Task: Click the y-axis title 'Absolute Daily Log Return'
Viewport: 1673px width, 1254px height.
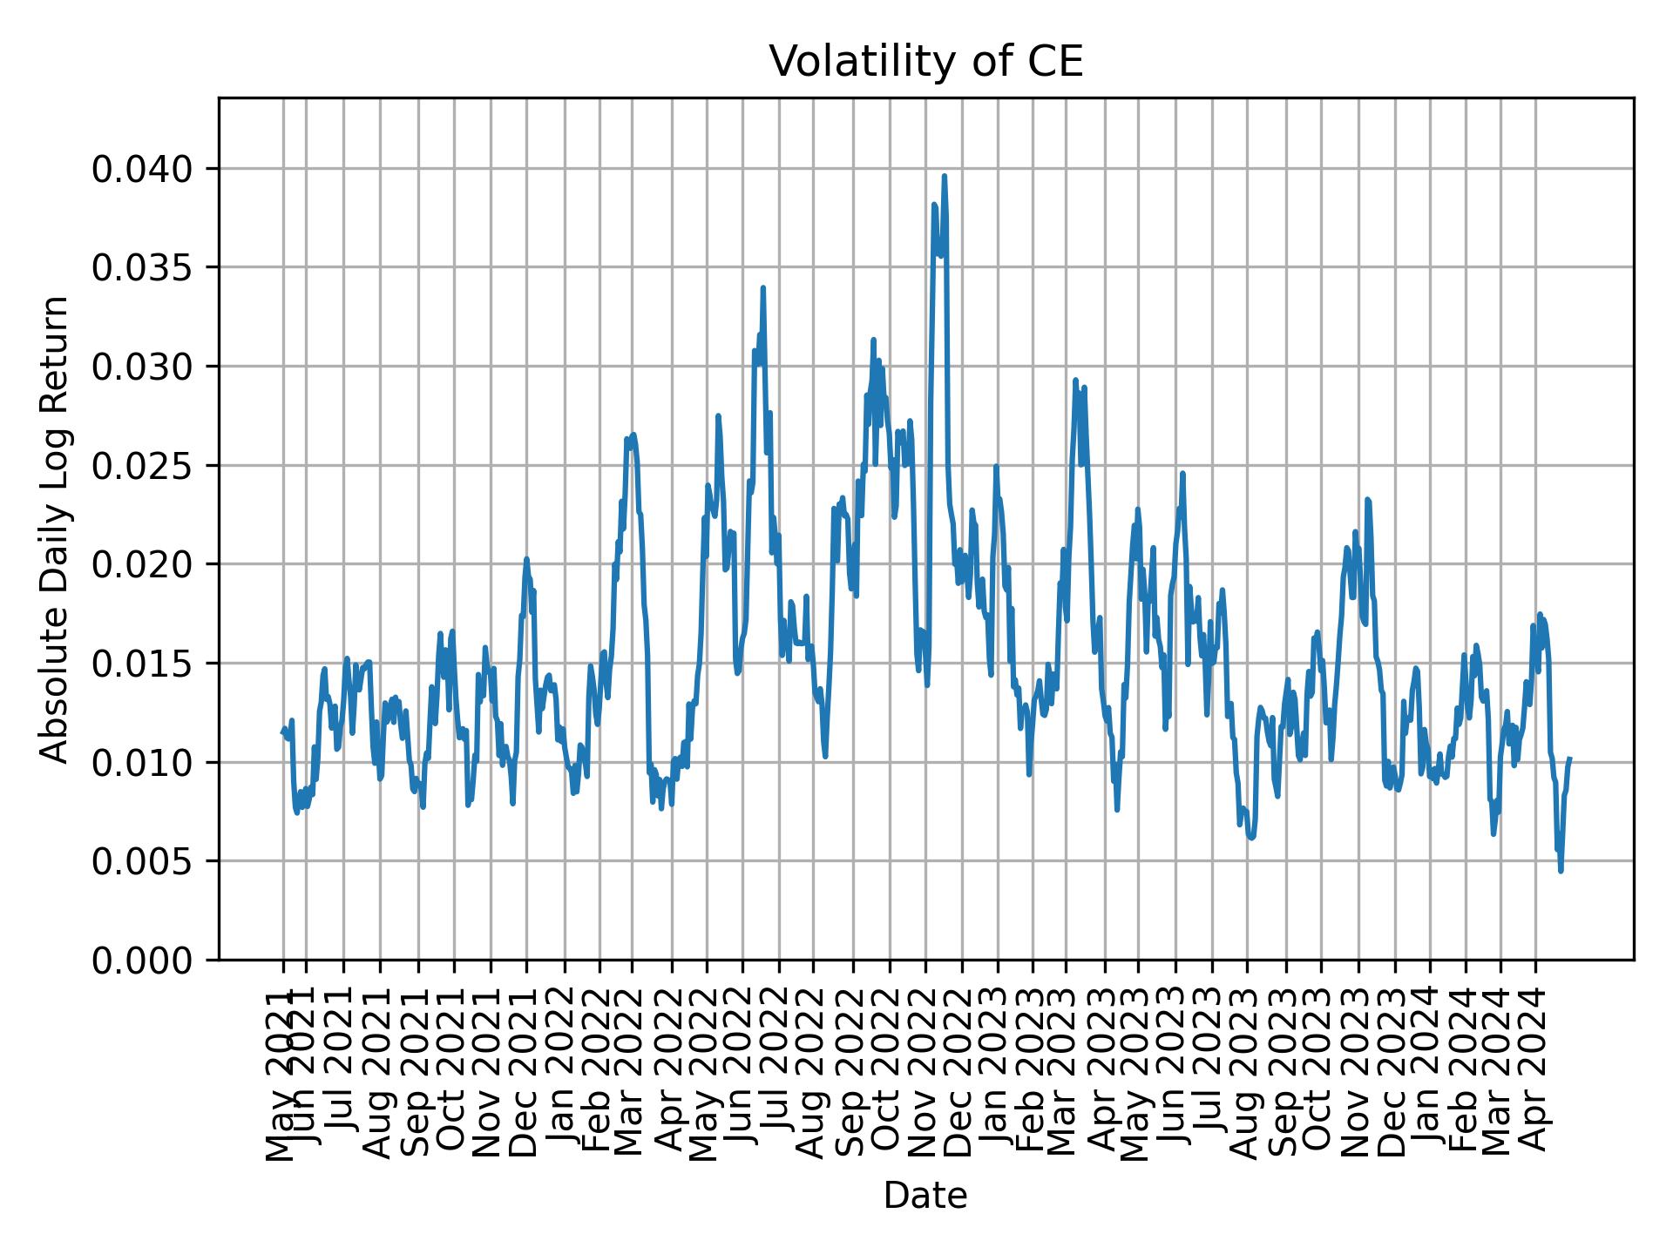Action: tap(56, 529)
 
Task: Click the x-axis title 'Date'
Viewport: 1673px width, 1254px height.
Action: tap(925, 1196)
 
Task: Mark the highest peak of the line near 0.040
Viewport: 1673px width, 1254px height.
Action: tap(944, 176)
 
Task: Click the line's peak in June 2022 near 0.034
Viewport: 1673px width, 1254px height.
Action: tap(762, 287)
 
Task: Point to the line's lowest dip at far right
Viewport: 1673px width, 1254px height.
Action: tap(1561, 870)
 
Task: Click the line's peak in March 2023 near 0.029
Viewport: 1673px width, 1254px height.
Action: tap(1075, 380)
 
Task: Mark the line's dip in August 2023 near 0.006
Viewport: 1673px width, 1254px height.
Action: tap(1251, 839)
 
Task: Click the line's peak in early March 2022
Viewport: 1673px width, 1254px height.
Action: tap(633, 435)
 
